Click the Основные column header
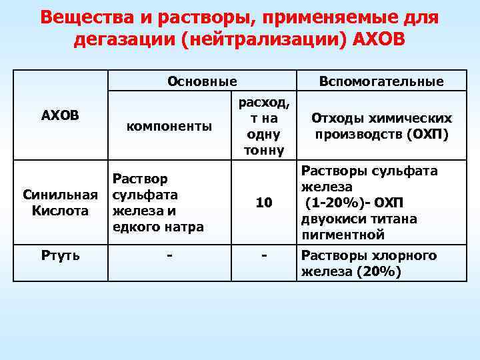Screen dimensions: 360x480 [x=202, y=82]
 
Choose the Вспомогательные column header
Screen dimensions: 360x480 [x=381, y=82]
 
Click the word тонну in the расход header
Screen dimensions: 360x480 [x=264, y=150]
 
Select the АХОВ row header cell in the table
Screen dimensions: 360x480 [x=60, y=115]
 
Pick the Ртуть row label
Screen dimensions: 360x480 [x=60, y=255]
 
